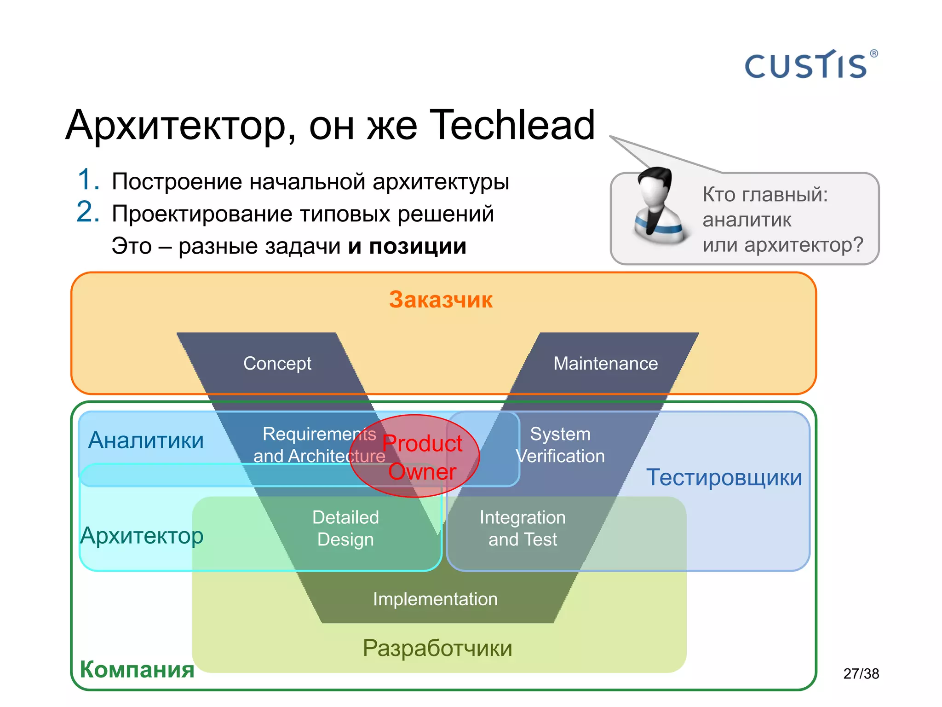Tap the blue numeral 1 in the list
click(88, 180)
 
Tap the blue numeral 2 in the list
click(88, 212)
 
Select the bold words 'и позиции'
click(407, 246)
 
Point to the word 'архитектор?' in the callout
click(804, 244)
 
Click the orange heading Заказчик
click(441, 300)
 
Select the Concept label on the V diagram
click(277, 364)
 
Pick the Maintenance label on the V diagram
click(605, 364)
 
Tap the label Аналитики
click(146, 440)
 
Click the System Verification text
click(560, 445)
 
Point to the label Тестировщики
click(724, 477)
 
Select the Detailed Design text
click(345, 528)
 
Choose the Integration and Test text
click(523, 528)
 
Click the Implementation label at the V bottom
click(435, 599)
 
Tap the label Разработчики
click(437, 648)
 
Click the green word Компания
click(137, 669)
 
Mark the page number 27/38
click(861, 674)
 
